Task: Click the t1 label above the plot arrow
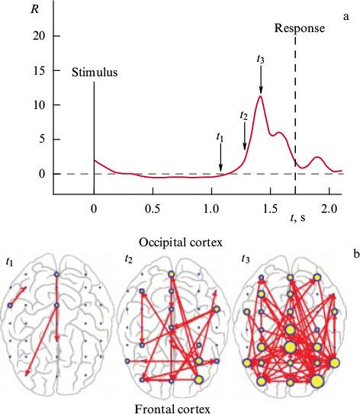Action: click(x=220, y=138)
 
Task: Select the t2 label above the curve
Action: click(x=244, y=116)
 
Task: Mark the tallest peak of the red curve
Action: click(x=261, y=96)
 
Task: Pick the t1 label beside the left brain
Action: click(x=9, y=259)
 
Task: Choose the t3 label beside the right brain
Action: click(x=244, y=259)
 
